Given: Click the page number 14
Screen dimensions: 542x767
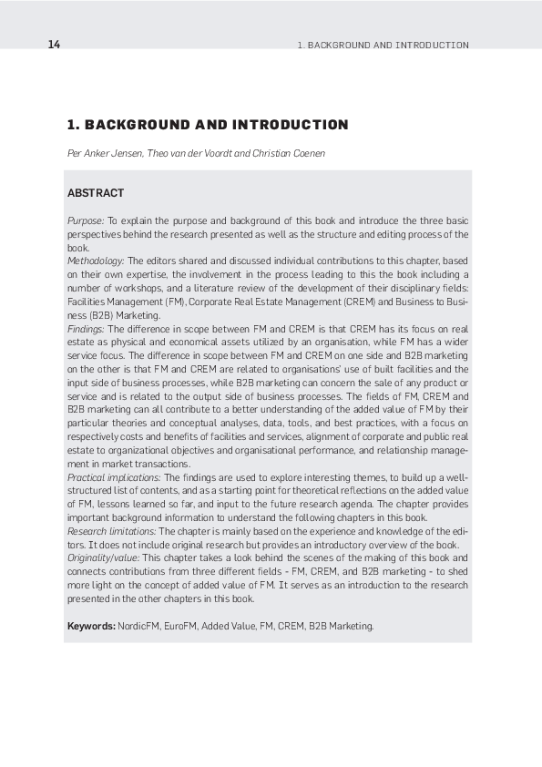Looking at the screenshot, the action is click(x=54, y=45).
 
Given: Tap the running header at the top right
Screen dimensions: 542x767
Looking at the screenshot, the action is click(x=383, y=45).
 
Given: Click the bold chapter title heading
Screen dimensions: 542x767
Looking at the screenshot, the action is click(x=208, y=125).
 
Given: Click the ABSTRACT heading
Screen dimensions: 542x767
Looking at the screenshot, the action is click(x=96, y=193).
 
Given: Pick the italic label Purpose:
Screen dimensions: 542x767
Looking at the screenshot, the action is click(x=86, y=221).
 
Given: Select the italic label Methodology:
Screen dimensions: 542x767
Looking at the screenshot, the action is click(x=96, y=261).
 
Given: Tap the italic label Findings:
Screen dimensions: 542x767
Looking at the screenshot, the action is click(x=86, y=329).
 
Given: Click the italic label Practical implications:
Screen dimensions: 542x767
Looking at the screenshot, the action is click(x=114, y=476).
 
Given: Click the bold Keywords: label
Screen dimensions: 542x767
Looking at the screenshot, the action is click(x=91, y=627).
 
